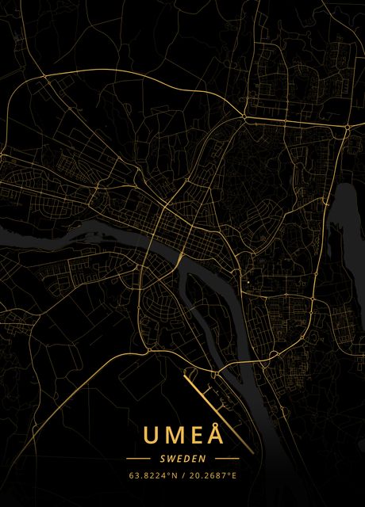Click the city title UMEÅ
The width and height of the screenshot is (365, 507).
pos(182,435)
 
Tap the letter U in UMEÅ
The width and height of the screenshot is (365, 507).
pos(150,436)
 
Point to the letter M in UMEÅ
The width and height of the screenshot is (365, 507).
pos(172,436)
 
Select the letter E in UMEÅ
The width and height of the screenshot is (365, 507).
pos(194,436)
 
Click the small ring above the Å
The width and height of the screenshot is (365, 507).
pos(215,425)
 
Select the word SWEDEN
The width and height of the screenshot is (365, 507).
pos(182,459)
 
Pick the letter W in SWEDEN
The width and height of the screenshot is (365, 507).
pos(169,459)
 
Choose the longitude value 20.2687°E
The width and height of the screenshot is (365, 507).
pos(211,476)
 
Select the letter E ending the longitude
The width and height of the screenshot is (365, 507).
pos(234,476)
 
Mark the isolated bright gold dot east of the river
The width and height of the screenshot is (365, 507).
pos(246,282)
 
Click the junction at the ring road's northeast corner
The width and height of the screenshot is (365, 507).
pos(347,127)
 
